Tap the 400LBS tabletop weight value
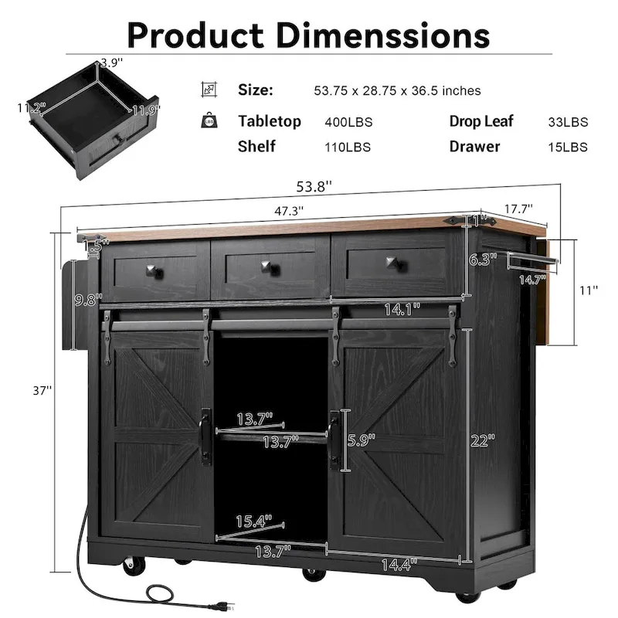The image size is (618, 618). (x=348, y=122)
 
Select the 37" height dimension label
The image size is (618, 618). (x=37, y=392)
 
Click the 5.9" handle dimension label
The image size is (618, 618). (x=361, y=441)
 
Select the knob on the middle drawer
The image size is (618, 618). (x=270, y=270)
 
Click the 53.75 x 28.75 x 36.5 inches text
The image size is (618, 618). (x=397, y=90)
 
